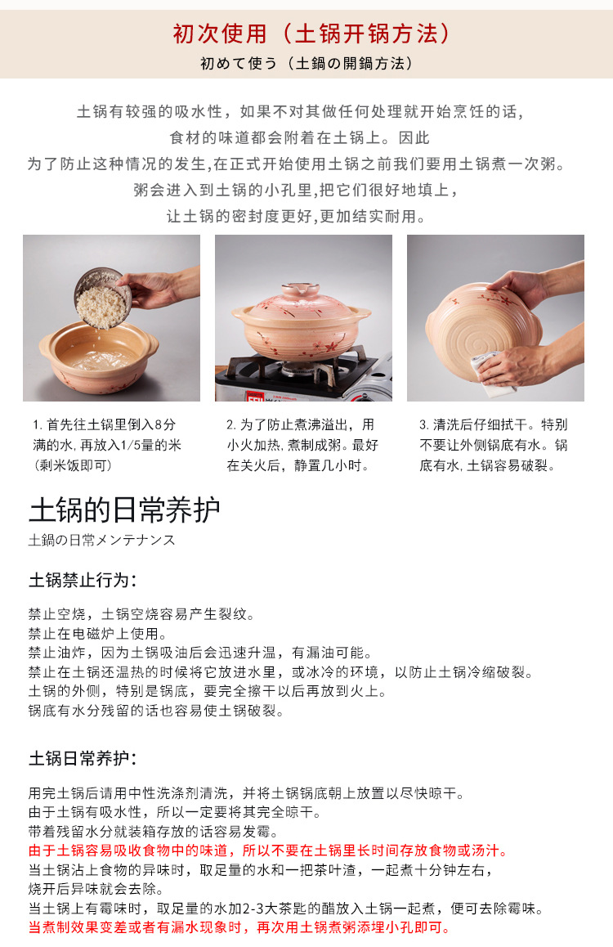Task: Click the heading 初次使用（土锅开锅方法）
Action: point(311,34)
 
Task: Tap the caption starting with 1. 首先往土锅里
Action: point(107,445)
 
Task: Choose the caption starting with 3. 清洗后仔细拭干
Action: point(493,445)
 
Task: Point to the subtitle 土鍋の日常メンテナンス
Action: point(102,541)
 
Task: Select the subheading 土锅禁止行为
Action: point(83,581)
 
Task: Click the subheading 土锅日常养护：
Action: point(83,758)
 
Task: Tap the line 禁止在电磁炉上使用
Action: point(98,633)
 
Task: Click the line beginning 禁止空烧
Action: point(142,613)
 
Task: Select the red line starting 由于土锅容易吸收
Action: point(269,851)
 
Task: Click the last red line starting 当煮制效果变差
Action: point(239,928)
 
